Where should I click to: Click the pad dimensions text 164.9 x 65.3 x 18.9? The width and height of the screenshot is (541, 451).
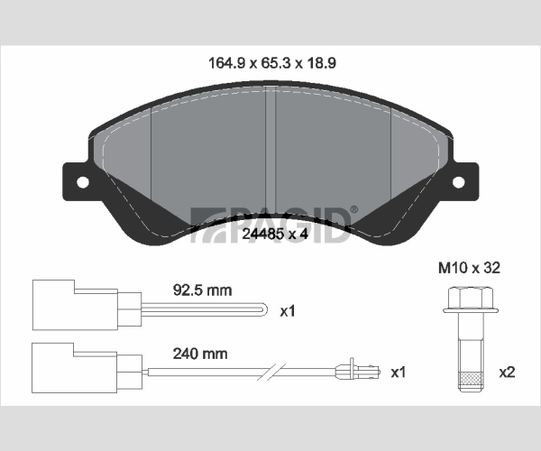(x=272, y=63)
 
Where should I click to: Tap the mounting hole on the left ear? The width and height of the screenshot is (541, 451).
(x=83, y=182)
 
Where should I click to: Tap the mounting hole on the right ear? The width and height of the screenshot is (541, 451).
(x=459, y=182)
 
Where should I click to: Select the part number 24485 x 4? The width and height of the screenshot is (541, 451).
(x=275, y=234)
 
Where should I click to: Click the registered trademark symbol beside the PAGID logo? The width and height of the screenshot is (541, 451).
(x=354, y=209)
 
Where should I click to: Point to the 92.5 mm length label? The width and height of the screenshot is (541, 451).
(x=202, y=290)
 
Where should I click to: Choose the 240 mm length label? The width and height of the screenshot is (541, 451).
(x=200, y=354)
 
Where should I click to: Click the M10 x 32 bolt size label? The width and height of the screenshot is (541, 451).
(x=469, y=268)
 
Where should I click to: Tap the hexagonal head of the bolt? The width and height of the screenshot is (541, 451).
(x=471, y=297)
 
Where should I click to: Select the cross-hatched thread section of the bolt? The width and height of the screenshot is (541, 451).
(x=471, y=379)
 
